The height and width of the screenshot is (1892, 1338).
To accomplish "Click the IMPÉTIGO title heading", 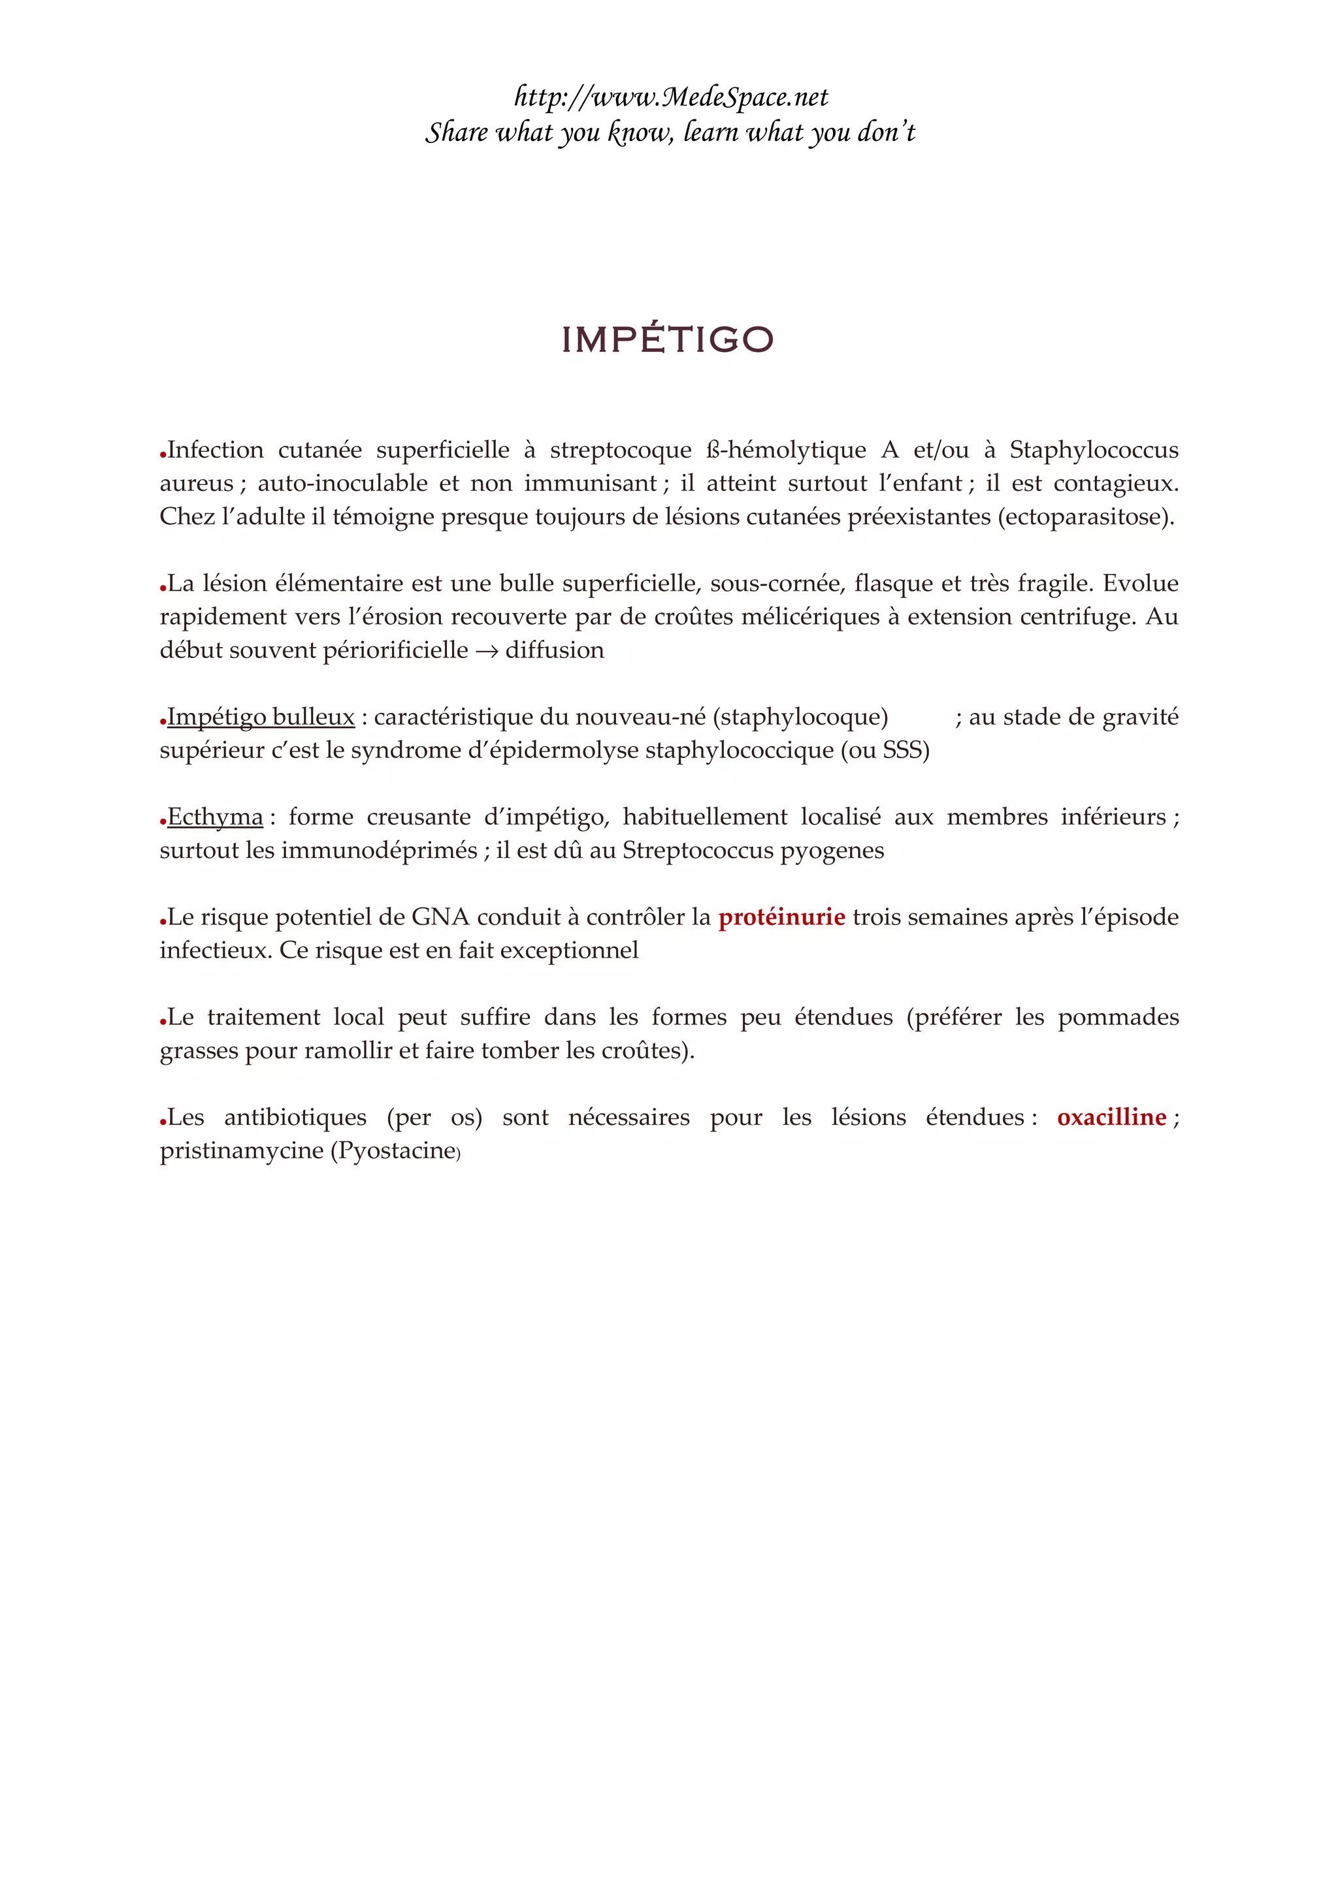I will [668, 339].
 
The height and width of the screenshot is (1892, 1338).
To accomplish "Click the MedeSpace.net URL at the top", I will [670, 97].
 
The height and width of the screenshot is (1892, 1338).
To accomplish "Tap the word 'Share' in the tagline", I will [456, 132].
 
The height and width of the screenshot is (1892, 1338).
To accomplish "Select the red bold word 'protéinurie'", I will [781, 917].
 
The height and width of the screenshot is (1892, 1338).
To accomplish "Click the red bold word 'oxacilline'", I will [1111, 1118].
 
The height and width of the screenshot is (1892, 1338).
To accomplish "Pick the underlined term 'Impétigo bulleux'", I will [261, 717].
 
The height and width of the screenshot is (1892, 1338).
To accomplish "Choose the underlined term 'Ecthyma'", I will [215, 817].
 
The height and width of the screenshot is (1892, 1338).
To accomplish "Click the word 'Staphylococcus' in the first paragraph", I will [1094, 450].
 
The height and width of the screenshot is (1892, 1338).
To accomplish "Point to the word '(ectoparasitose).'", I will [1086, 516].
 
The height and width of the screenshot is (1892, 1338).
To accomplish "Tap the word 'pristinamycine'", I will [242, 1150].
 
